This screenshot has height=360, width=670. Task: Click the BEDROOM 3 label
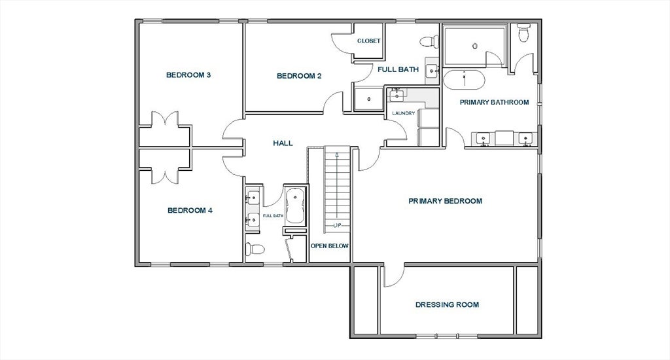pyautogui.click(x=188, y=75)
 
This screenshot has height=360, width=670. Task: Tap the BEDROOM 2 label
pyautogui.click(x=299, y=76)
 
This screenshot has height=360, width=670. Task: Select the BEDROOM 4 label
pyautogui.click(x=190, y=210)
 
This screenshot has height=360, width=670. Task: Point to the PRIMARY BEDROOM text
pyautogui.click(x=445, y=201)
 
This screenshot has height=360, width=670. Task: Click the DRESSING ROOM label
pyautogui.click(x=447, y=305)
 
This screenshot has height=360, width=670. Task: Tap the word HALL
pyautogui.click(x=283, y=143)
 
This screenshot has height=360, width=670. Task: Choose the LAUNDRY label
pyautogui.click(x=403, y=113)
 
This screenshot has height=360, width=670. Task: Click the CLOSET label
pyautogui.click(x=369, y=41)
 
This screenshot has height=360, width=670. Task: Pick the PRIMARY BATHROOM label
pyautogui.click(x=495, y=102)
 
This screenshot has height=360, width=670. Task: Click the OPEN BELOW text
pyautogui.click(x=330, y=246)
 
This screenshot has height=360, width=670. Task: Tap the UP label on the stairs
pyautogui.click(x=337, y=225)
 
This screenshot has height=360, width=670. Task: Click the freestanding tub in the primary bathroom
pyautogui.click(x=464, y=80)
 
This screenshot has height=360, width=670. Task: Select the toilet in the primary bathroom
pyautogui.click(x=523, y=32)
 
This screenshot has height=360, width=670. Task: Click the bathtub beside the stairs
pyautogui.click(x=295, y=206)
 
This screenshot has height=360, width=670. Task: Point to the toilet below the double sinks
pyautogui.click(x=255, y=249)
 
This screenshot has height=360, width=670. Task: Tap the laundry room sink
pyautogui.click(x=397, y=95)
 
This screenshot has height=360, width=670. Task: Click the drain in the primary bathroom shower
pyautogui.click(x=475, y=46)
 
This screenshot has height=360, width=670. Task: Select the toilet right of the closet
pyautogui.click(x=429, y=41)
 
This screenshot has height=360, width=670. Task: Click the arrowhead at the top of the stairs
pyautogui.click(x=337, y=154)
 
